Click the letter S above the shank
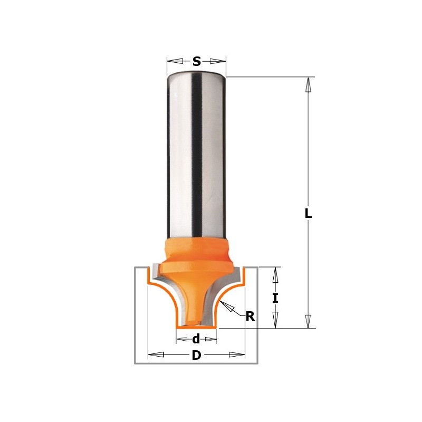(x=196, y=62)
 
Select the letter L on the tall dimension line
(x=308, y=214)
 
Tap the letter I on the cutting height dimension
(x=275, y=298)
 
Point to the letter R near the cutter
(x=250, y=316)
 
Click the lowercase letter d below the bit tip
(x=196, y=339)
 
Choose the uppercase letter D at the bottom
(x=196, y=356)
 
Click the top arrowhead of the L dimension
(x=309, y=85)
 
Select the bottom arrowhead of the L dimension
(x=309, y=321)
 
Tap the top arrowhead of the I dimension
(x=275, y=275)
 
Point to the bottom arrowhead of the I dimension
(x=275, y=320)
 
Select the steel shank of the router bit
(x=196, y=158)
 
